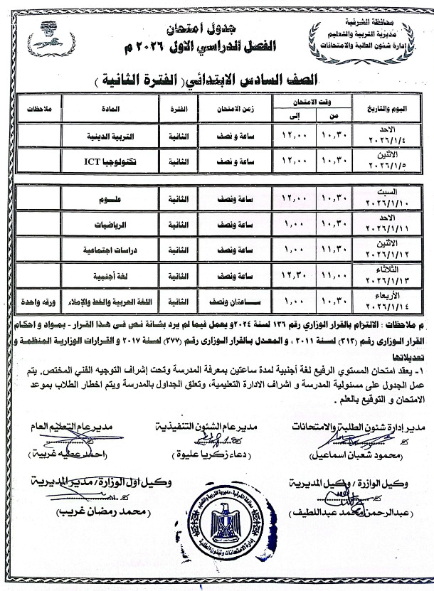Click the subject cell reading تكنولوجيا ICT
coord(110,162)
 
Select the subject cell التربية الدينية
coord(110,136)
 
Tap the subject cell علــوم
coord(110,201)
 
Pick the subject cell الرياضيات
coord(110,225)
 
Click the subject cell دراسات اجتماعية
coord(110,250)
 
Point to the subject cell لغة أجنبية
coord(110,275)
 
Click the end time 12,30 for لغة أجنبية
coord(293,275)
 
